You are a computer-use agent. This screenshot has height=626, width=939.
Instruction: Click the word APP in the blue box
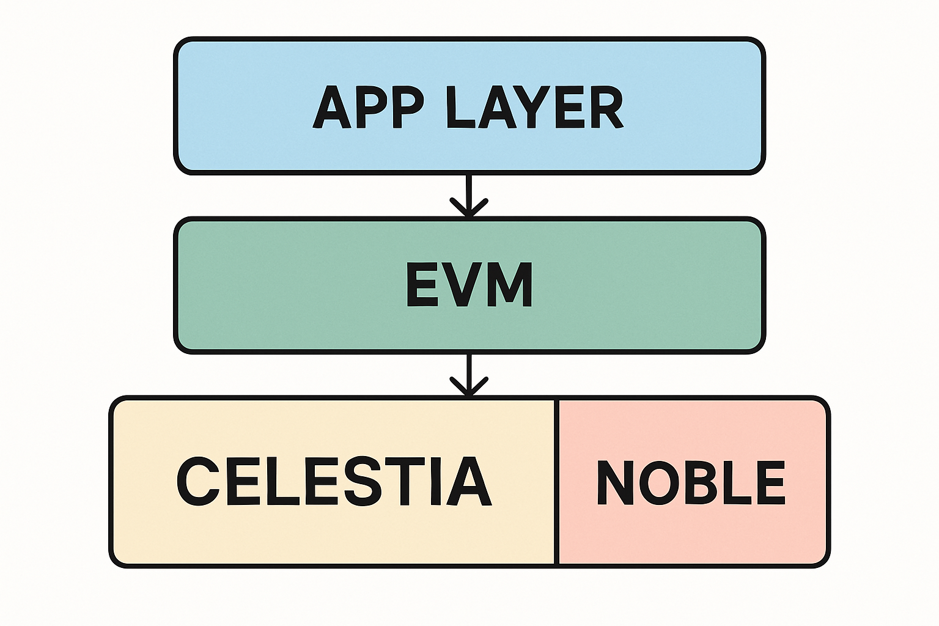point(368,108)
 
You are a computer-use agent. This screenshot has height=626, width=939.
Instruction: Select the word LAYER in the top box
point(535,108)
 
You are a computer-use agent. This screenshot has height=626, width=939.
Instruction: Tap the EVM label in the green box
point(469,285)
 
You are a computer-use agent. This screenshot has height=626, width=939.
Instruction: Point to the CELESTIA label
point(334,481)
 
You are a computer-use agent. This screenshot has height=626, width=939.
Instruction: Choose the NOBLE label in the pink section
point(691,482)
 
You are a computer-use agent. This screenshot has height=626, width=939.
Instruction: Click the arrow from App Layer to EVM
point(469,196)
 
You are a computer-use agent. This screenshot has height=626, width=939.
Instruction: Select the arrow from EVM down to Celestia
point(469,375)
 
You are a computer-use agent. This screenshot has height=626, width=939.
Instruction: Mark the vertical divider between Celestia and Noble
point(556,482)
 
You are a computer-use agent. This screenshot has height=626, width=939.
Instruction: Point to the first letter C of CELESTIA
point(198,481)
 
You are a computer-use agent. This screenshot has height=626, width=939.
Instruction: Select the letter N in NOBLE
point(616,482)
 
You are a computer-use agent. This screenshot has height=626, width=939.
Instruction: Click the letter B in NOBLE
point(701,482)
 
